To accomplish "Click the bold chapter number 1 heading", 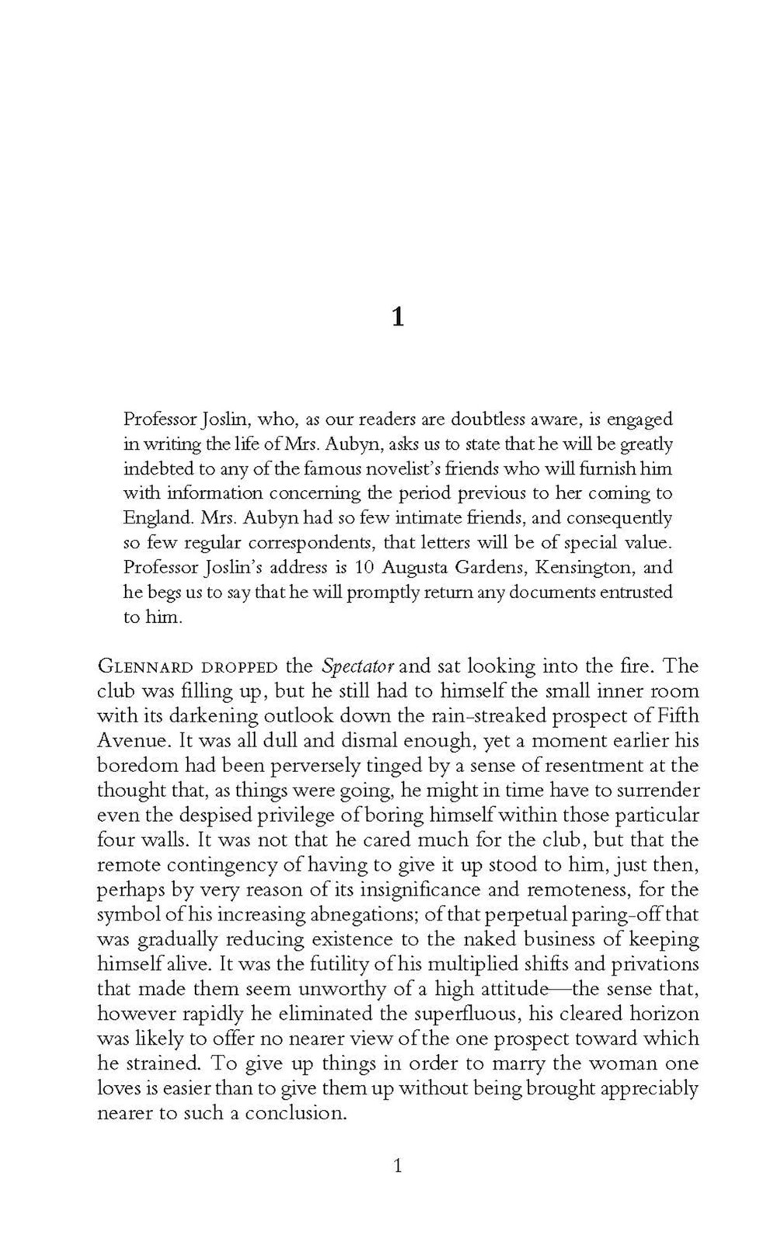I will [x=397, y=317].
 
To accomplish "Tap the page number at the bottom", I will [x=397, y=1165].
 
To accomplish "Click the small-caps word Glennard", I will [x=134, y=667].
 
